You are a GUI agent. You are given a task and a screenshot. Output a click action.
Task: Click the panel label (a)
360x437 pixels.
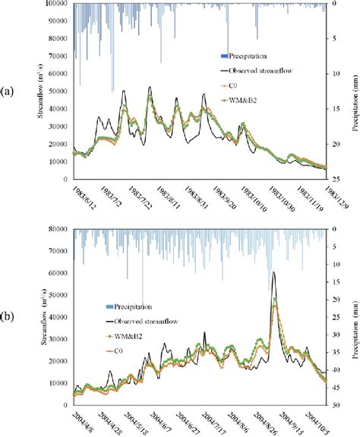click(x=9, y=91)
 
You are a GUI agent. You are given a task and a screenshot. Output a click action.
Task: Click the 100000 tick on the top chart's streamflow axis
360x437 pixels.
click(x=57, y=5)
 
